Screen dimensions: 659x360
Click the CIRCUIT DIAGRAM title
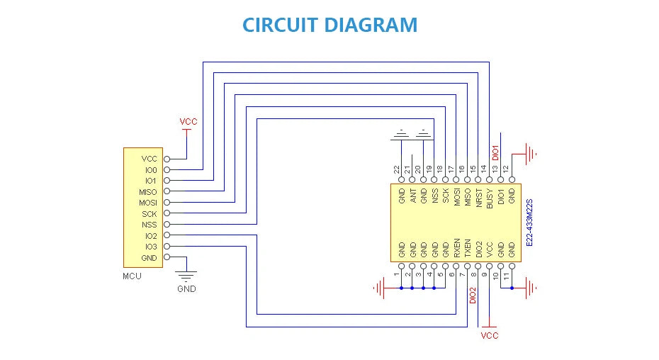pos(330,25)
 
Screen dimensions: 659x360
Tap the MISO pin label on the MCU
pos(148,192)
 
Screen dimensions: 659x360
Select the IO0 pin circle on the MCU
pos(167,170)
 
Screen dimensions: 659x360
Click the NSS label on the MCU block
pos(150,225)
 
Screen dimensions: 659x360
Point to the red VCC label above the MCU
pos(188,122)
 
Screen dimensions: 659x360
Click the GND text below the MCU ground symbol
pos(186,289)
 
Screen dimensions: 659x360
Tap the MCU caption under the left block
pos(132,276)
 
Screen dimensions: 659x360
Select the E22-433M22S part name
pos(529,223)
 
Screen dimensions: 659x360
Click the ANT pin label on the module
pos(413,196)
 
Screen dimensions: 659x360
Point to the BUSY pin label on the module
pos(490,198)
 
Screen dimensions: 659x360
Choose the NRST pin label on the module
pos(479,198)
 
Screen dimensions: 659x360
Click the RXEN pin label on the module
pos(457,248)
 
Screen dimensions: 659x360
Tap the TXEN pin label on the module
pos(468,248)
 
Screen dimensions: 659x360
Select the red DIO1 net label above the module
pos(495,152)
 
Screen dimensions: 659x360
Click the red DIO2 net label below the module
pos(473,296)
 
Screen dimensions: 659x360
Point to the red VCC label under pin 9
pos(490,336)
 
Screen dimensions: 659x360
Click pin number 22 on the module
pos(396,169)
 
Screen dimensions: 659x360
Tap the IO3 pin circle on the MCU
pos(167,247)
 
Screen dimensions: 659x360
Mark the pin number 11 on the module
pos(507,276)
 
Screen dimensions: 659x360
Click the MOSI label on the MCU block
pos(148,203)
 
